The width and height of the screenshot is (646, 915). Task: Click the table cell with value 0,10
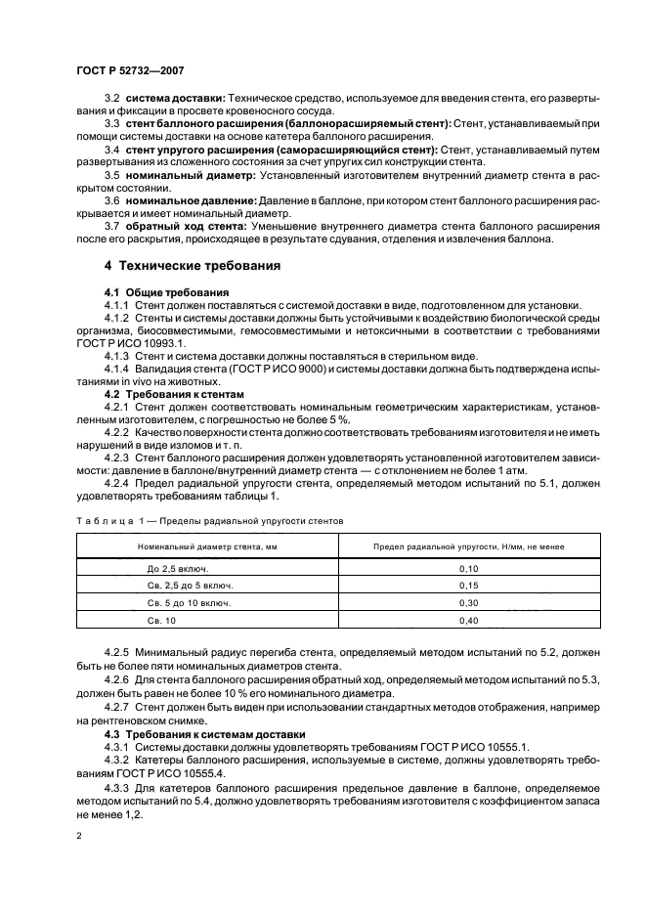[x=468, y=568]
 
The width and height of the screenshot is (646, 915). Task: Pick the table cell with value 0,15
[x=468, y=586]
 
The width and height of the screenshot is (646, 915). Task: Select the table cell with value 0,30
[x=468, y=603]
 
